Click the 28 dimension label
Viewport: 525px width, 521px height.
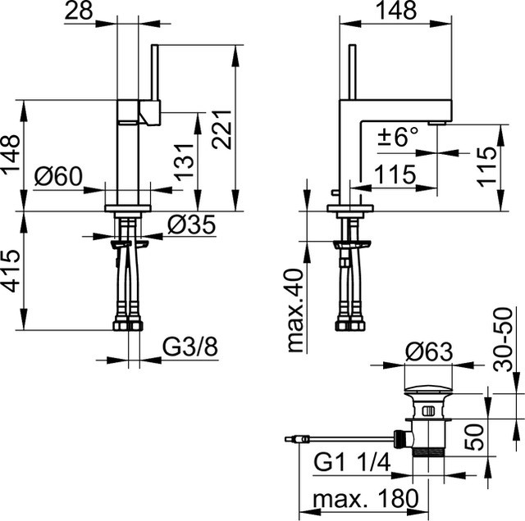tap(79, 11)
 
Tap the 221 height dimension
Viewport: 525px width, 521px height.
tap(221, 129)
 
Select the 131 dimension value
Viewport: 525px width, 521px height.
tap(184, 162)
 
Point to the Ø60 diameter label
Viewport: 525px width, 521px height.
tap(58, 176)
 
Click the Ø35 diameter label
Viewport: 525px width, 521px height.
tap(191, 224)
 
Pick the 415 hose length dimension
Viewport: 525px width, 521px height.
tap(11, 271)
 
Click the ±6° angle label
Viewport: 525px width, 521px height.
tap(398, 136)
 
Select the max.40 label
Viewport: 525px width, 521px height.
tap(295, 310)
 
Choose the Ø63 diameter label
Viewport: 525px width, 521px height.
tap(429, 351)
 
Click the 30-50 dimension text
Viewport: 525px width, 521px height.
tap(503, 340)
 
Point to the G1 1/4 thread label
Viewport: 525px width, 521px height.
tap(352, 463)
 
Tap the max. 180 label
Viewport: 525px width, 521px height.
tap(366, 498)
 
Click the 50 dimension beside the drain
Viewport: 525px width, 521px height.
tap(474, 437)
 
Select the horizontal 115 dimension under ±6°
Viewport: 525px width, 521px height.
tap(395, 174)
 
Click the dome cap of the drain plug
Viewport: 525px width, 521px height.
tap(428, 390)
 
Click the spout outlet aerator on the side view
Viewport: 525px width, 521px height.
tap(437, 124)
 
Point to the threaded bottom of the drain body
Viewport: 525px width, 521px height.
tap(428, 453)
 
